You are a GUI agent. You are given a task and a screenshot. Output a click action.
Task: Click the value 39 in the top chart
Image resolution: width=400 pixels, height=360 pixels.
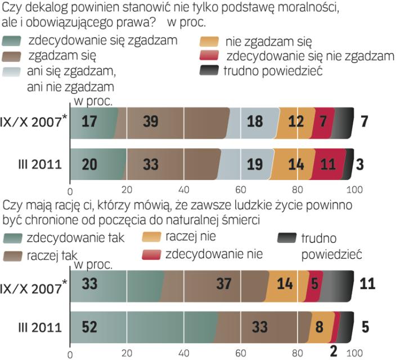point(150,121)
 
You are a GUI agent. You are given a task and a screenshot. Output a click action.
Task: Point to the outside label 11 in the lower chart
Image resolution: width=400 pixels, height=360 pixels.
point(367,283)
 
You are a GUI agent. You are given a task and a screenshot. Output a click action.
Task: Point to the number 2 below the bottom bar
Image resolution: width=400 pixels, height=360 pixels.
point(334,352)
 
